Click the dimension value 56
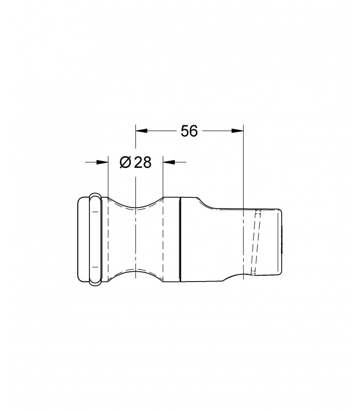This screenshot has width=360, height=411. [x=189, y=131]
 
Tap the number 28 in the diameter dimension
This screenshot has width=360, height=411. [x=143, y=162]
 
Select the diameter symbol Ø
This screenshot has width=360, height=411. [x=125, y=162]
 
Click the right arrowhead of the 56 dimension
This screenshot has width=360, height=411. [x=238, y=131]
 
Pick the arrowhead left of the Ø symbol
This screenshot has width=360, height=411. [x=102, y=162]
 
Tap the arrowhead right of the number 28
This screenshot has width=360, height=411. [x=169, y=162]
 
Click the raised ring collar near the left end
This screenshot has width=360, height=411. [x=95, y=239]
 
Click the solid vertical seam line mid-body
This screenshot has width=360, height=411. [x=181, y=240]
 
